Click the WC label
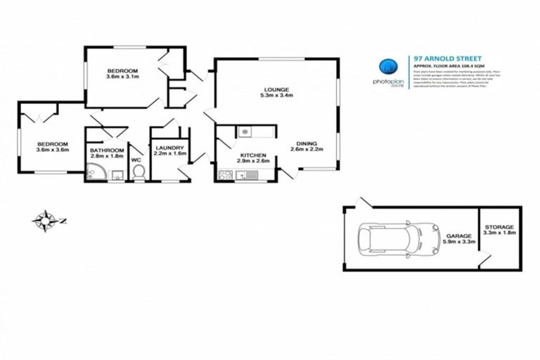[136, 160]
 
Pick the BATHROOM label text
[107, 150]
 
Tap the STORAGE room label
[499, 227]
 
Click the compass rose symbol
[46, 220]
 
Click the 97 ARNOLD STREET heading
[437, 60]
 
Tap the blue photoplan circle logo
[386, 67]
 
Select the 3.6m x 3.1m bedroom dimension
[122, 76]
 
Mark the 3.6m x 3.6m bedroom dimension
[52, 150]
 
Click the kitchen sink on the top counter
[242, 130]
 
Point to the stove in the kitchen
[226, 175]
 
